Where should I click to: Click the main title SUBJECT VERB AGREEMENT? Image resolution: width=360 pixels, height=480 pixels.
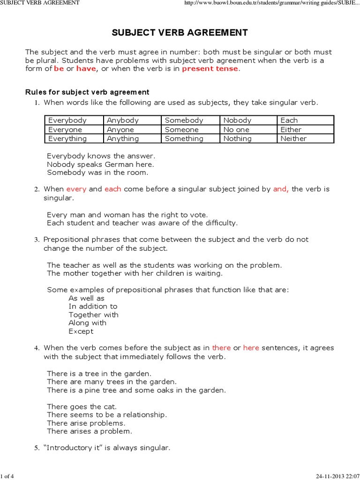pos(180,32)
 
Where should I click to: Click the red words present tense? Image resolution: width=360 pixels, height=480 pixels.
pos(210,69)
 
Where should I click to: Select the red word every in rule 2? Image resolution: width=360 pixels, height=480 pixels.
pos(76,189)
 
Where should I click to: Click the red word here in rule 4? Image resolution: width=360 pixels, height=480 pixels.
pos(251,348)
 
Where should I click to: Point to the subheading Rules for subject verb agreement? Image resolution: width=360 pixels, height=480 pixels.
pos(87,92)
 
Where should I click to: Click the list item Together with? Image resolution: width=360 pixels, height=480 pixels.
pos(93,315)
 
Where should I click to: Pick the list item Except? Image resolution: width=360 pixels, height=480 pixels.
pos(81,331)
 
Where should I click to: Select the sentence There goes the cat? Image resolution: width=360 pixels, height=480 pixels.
pos(82,407)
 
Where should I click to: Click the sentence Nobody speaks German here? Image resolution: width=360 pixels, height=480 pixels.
pos(100,165)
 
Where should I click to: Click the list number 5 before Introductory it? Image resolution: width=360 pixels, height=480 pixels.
pos(37,448)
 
